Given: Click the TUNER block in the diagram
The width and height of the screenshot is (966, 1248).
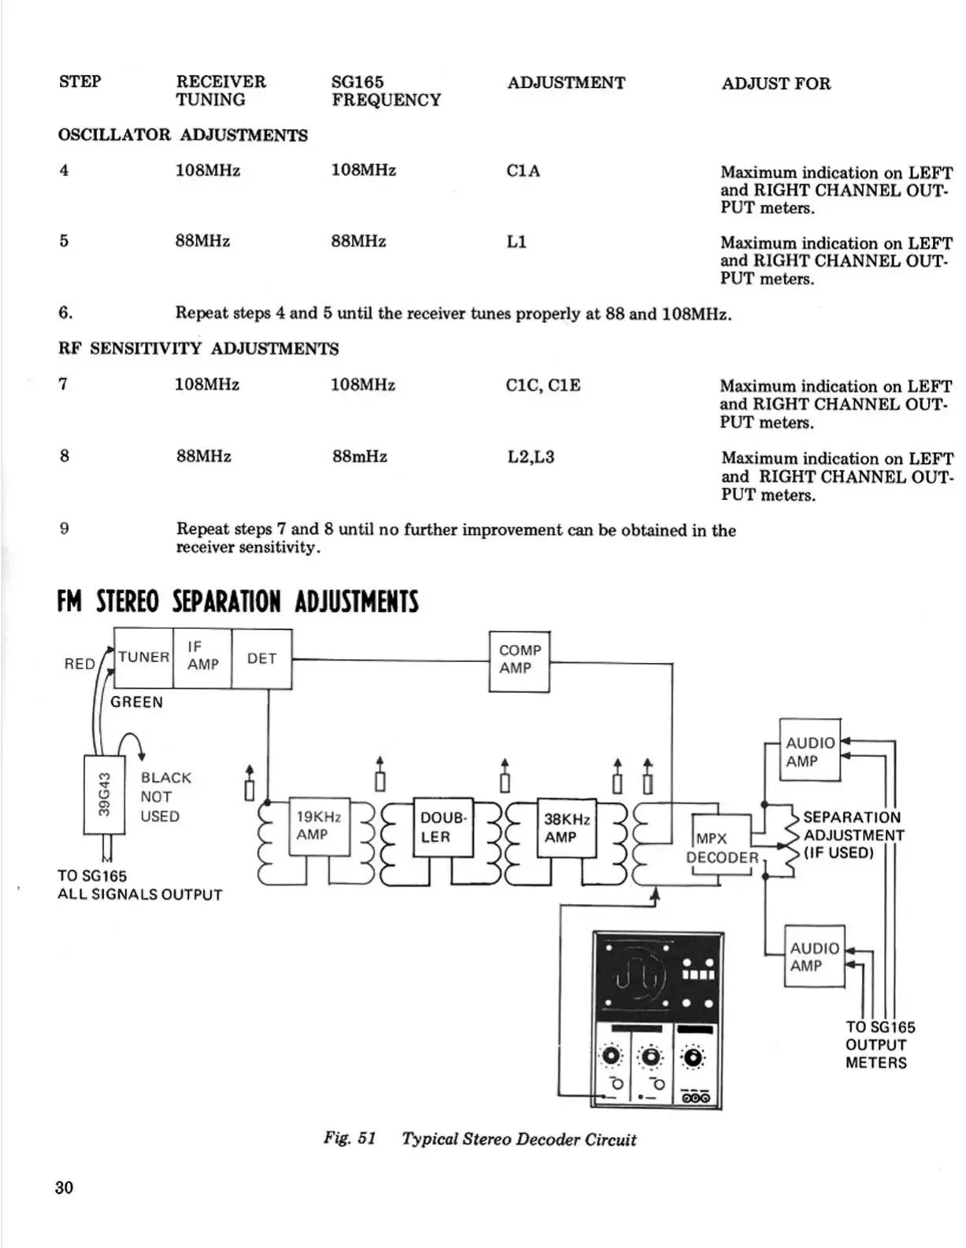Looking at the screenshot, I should coord(143,657).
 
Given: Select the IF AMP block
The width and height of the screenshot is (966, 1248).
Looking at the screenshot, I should coord(202,657).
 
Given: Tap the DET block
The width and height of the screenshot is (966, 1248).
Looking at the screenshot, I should coord(261,658).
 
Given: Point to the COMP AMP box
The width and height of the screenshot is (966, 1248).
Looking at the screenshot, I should coord(520,660).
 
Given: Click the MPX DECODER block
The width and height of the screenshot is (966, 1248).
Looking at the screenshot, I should coord(721,848).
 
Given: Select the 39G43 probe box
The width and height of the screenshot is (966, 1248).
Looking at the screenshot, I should coord(104,794).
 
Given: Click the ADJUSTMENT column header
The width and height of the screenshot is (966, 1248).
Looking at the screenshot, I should coord(566,83).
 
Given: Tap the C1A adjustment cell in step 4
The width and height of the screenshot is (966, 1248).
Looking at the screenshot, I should coord(524,171).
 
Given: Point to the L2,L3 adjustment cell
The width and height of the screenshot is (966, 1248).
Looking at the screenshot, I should coord(531,457).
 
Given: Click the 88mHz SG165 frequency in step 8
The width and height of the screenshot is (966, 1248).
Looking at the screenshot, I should coord(360,457).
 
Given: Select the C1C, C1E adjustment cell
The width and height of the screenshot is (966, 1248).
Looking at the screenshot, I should coord(543,385).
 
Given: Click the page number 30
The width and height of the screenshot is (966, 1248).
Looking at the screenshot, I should coord(65,1187).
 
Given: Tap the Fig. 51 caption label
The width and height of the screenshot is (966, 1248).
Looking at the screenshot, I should coord(350,1139).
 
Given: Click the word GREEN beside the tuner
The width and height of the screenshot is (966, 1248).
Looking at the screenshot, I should coord(136,702).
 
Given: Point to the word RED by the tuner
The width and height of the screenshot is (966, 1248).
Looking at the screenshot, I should coord(80,664).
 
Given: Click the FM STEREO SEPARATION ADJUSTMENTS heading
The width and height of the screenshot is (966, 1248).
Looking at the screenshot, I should coord(238,602).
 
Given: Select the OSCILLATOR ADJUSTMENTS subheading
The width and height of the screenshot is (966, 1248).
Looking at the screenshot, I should coord(183,135).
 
